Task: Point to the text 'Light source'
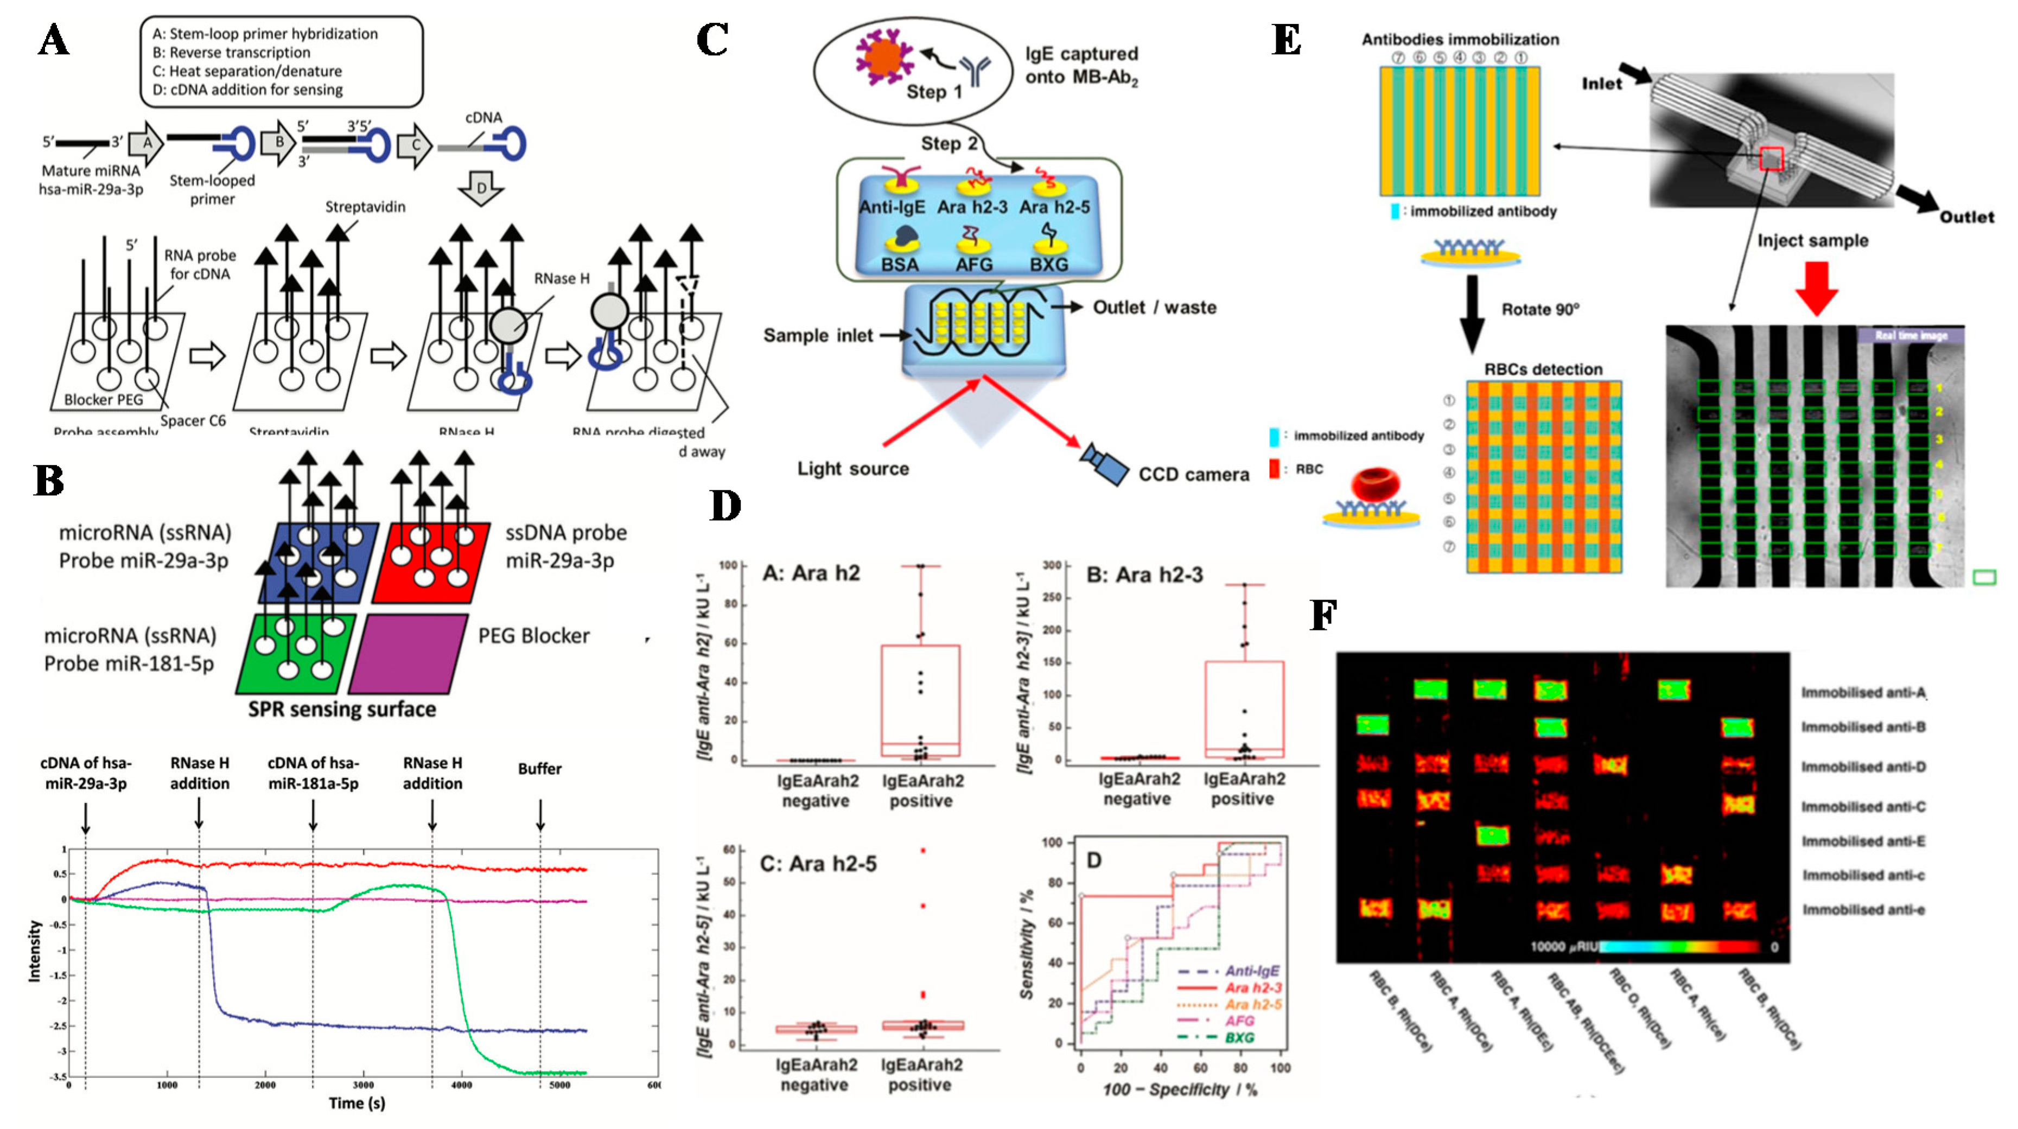tap(853, 469)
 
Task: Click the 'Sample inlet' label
tap(818, 335)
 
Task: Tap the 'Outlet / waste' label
tap(1154, 307)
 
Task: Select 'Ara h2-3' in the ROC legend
tap(1253, 988)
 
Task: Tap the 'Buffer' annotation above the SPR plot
tap(540, 769)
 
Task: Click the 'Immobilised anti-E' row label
tap(1863, 841)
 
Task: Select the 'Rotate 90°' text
tap(1540, 309)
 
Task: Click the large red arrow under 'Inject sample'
tap(1816, 288)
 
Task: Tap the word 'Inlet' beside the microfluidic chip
tap(1601, 84)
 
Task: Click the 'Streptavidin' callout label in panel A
tap(365, 207)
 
